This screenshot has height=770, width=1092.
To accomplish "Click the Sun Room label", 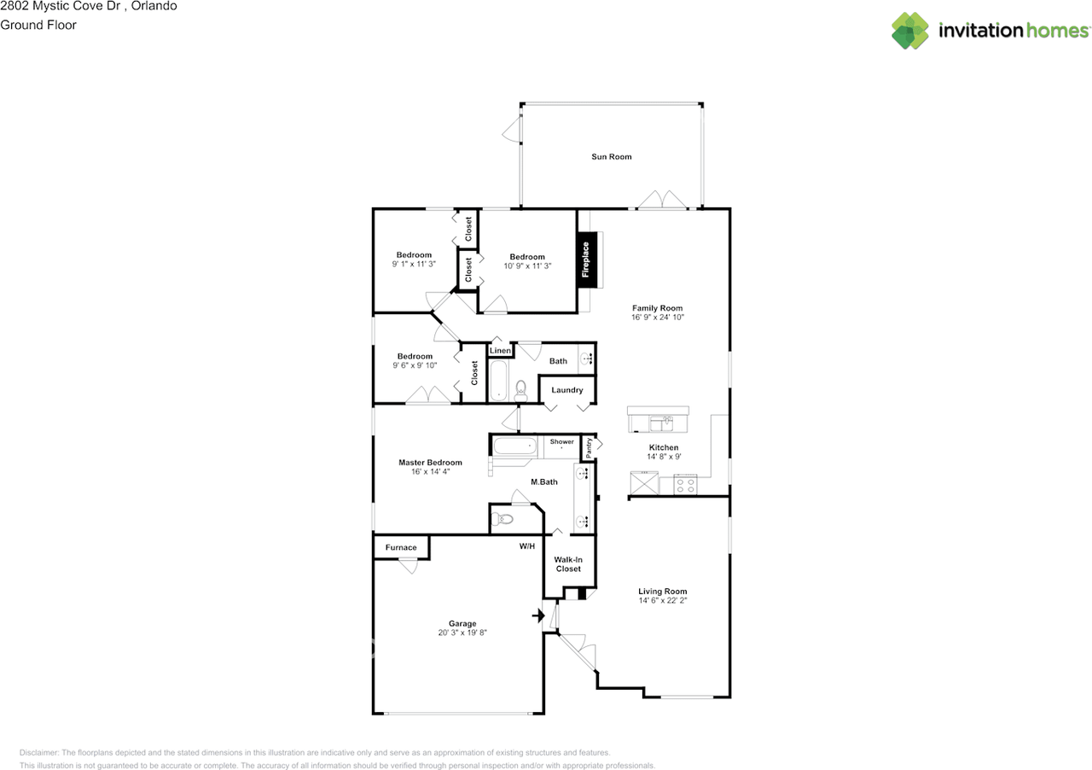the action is pyautogui.click(x=612, y=156).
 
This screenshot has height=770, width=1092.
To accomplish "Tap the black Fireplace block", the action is pyautogui.click(x=585, y=260).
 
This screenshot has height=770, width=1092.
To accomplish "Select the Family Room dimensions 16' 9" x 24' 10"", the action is pyautogui.click(x=658, y=318).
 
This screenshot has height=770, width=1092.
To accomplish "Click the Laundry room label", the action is pyautogui.click(x=567, y=390).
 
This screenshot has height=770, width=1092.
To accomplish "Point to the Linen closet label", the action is pyautogui.click(x=500, y=350).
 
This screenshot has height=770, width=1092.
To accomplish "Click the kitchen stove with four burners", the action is pyautogui.click(x=685, y=485).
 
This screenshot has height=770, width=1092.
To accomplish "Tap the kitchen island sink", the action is pyautogui.click(x=661, y=423).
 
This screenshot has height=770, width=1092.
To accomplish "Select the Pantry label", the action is pyautogui.click(x=589, y=448).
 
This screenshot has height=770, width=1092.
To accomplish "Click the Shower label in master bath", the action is pyautogui.click(x=561, y=441).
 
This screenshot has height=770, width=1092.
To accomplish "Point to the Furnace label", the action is pyautogui.click(x=401, y=547).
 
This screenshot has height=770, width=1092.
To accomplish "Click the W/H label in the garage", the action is pyautogui.click(x=527, y=546).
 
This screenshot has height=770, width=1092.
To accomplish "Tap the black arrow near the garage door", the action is pyautogui.click(x=538, y=615).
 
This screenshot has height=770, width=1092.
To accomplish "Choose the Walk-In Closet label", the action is pyautogui.click(x=568, y=564).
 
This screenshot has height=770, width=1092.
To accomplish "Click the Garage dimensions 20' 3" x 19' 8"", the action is pyautogui.click(x=462, y=633).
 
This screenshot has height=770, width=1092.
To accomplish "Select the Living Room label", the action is pyautogui.click(x=663, y=592).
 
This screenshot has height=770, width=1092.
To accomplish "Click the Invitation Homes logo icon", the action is pyautogui.click(x=910, y=31).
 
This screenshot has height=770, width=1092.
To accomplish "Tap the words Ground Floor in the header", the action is pyautogui.click(x=38, y=25).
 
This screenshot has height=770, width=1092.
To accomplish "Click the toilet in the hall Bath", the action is pyautogui.click(x=520, y=391).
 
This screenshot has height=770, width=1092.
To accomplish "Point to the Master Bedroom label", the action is pyautogui.click(x=430, y=463).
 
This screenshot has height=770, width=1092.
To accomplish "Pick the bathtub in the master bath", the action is pyautogui.click(x=515, y=446).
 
